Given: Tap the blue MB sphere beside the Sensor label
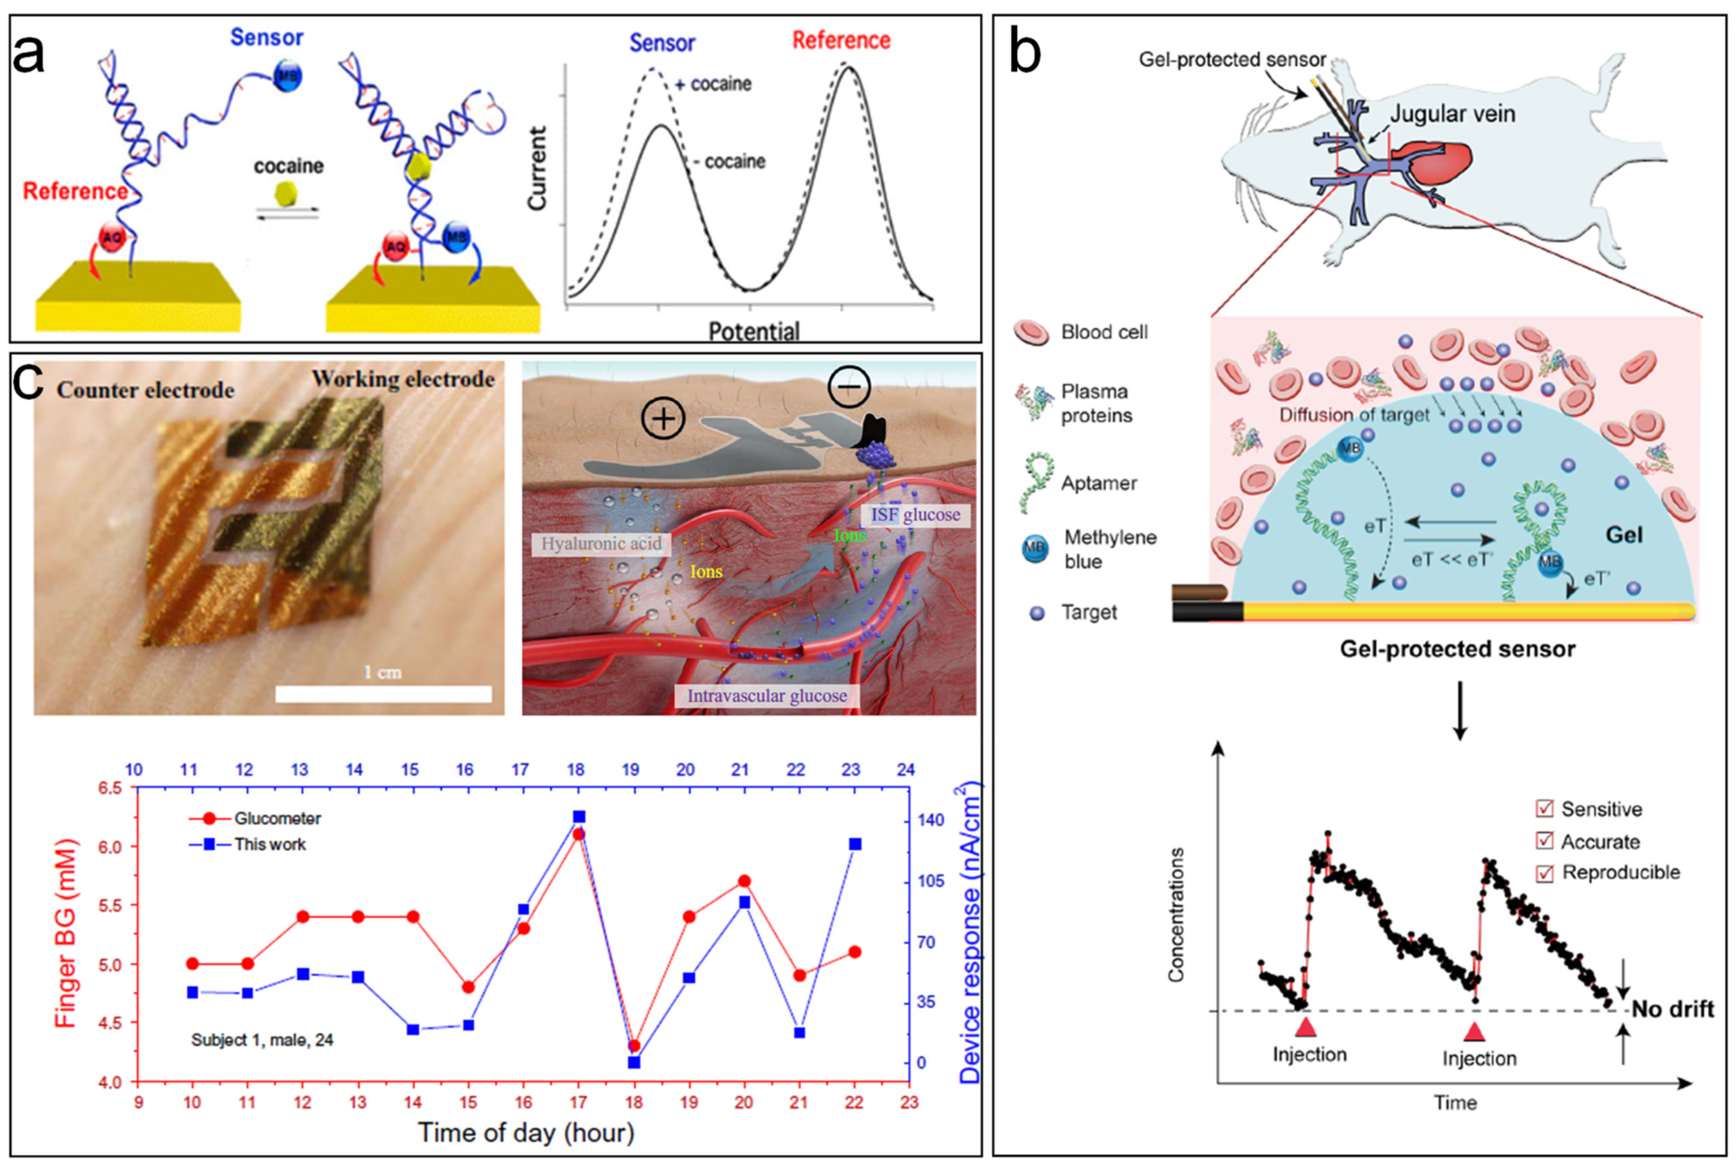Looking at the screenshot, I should [287, 76].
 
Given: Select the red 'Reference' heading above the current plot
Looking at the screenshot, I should [841, 40].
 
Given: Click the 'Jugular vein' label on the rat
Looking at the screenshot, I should [1452, 114].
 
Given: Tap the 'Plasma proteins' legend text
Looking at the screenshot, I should [1096, 403].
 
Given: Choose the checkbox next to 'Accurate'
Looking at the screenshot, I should [1544, 841].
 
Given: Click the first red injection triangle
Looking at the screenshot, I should [1305, 1028].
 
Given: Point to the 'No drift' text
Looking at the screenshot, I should [1673, 1009].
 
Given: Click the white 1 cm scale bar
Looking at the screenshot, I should [383, 694].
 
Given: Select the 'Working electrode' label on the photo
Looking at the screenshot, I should [403, 379].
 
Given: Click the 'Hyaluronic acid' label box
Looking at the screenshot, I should [600, 544].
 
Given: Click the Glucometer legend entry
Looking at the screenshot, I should [255, 818].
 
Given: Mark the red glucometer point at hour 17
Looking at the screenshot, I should [579, 834].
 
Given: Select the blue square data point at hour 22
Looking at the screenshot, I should [855, 844].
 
